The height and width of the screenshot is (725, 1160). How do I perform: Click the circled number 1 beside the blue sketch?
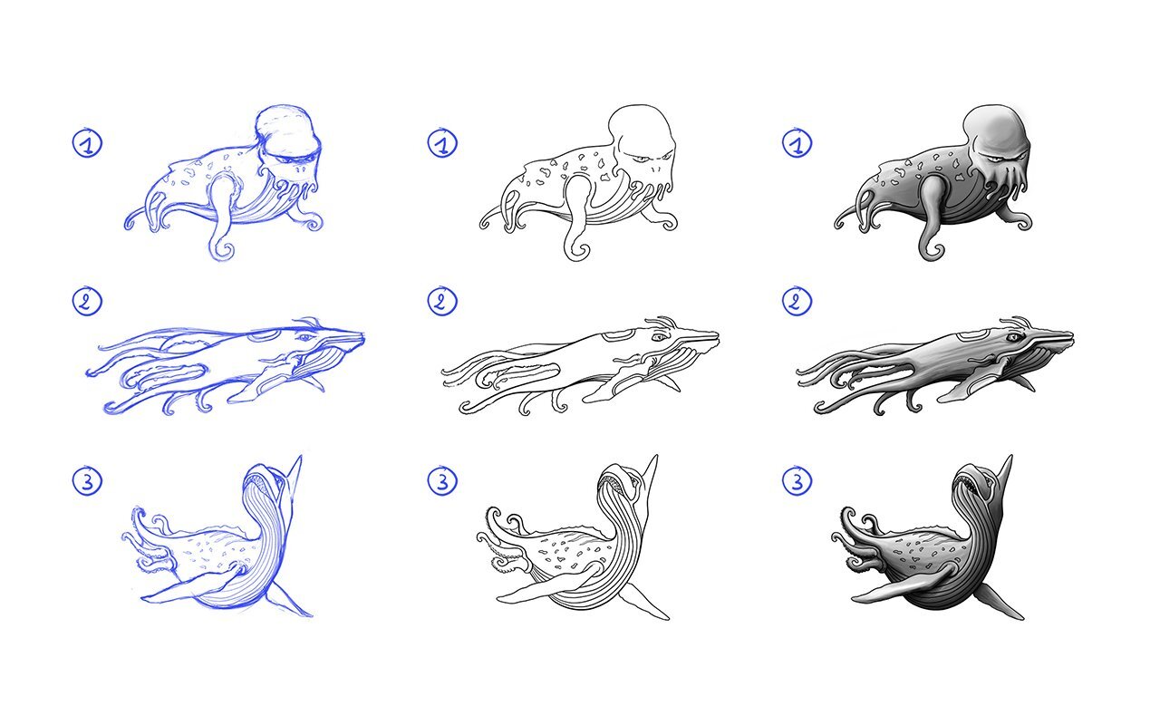[87, 143]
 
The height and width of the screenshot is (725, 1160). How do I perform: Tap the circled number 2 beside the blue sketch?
[87, 301]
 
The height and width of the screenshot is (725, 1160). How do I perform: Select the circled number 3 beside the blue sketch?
[87, 480]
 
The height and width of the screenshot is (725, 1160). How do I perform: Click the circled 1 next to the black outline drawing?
[442, 143]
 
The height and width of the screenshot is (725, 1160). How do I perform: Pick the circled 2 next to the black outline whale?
[442, 301]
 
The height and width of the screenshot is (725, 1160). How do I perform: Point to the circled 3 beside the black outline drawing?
[442, 480]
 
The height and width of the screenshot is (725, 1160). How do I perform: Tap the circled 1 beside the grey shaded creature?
[797, 143]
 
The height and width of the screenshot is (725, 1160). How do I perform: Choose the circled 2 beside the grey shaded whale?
[797, 301]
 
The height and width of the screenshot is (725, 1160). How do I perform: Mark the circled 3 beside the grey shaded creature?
[797, 480]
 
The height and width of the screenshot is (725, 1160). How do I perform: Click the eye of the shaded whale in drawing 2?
[1014, 337]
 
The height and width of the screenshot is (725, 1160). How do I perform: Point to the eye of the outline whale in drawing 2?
[659, 337]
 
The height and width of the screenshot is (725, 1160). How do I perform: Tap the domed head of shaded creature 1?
[995, 130]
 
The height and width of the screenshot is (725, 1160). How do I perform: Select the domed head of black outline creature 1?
[641, 130]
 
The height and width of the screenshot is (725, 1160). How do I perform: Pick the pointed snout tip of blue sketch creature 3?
[300, 457]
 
